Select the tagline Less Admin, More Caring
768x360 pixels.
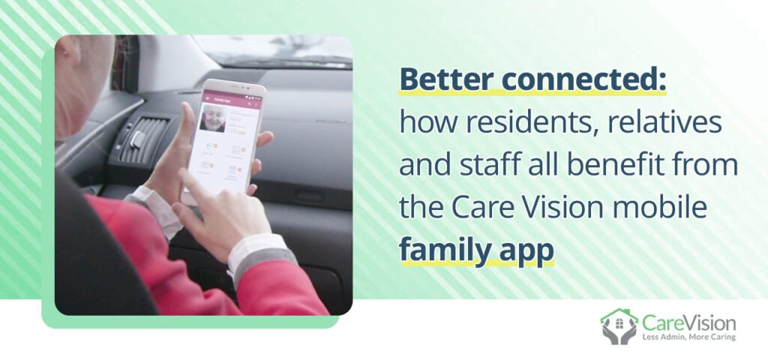pyautogui.click(x=688, y=337)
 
